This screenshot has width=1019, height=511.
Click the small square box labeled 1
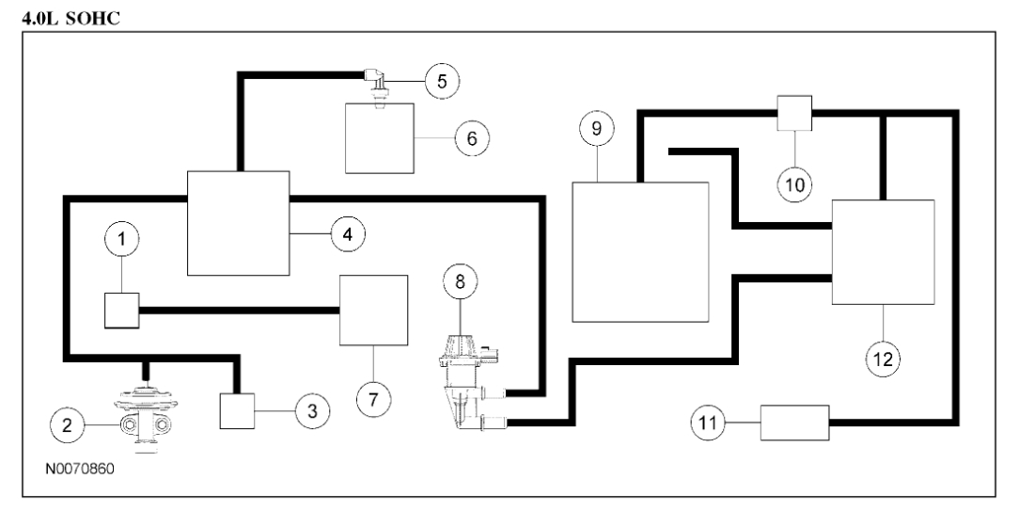pyautogui.click(x=121, y=309)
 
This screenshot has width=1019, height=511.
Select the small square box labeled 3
pyautogui.click(x=237, y=410)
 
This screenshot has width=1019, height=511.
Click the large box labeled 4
pyautogui.click(x=238, y=224)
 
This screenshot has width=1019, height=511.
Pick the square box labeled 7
pyautogui.click(x=373, y=310)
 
